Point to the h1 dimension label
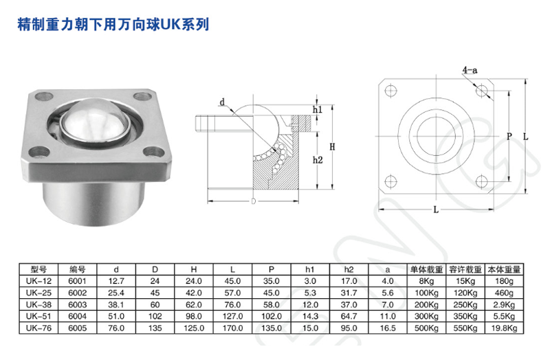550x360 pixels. (x=318, y=110)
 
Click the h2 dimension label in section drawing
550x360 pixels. (x=318, y=159)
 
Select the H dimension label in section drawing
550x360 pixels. (x=331, y=146)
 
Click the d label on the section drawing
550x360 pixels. (x=223, y=102)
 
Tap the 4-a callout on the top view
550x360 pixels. (x=470, y=70)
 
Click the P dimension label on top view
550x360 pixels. (x=509, y=136)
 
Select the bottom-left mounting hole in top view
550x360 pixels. (x=390, y=181)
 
